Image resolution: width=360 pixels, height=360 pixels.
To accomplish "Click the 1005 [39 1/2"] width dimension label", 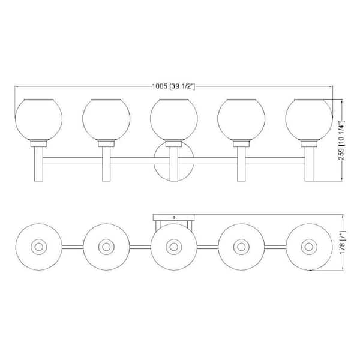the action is [x=173, y=86].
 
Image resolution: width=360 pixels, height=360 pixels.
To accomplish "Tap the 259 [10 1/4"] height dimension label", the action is [x=341, y=140].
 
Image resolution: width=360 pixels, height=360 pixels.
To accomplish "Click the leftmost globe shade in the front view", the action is [x=38, y=119].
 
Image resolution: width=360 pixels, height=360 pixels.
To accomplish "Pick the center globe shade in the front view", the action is [x=174, y=119].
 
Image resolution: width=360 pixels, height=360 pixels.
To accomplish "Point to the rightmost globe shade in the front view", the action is [x=309, y=119].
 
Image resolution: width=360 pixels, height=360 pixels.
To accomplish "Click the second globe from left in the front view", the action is [x=106, y=119].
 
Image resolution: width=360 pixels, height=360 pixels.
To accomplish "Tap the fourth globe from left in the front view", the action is [x=241, y=119].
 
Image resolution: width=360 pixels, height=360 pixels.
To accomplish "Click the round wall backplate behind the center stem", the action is [x=174, y=161].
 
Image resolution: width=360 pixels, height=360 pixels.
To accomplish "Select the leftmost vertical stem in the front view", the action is [x=38, y=164].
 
